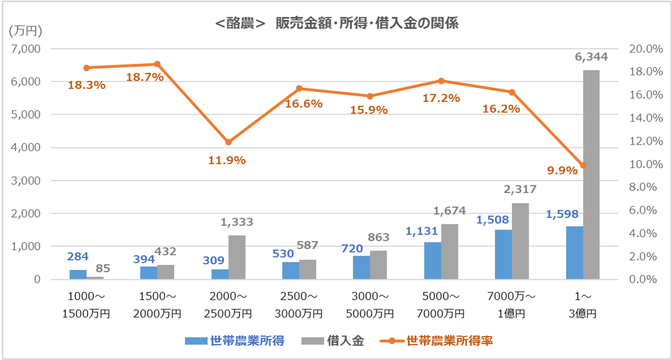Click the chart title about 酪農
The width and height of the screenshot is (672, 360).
coord(337,24)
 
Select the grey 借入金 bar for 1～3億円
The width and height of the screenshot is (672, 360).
coord(591,174)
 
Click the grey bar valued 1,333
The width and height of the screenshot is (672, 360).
coord(236,257)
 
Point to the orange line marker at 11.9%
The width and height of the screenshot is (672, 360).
coord(228,142)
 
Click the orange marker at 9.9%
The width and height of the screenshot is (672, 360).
coord(583,165)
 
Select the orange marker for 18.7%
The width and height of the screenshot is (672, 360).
coord(157,64)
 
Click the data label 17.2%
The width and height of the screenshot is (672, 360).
coord(441,98)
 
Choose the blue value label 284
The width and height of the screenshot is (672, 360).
coord(77,257)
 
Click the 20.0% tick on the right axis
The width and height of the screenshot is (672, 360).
coord(646,49)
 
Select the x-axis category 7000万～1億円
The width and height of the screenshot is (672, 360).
coord(512,305)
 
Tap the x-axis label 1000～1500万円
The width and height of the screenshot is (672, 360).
coord(86,305)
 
